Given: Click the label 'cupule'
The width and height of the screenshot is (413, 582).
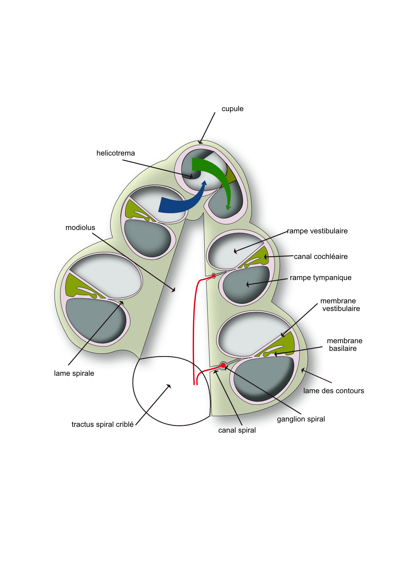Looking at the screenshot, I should pos(232,109).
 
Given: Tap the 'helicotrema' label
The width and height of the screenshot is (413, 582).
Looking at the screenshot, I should pos(115,153).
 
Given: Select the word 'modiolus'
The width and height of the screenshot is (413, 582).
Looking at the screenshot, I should pos(80,228).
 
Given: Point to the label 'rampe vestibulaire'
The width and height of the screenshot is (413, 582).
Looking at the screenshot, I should pos(317,231).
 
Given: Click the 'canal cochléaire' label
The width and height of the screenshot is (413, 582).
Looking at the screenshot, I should pos(320,257).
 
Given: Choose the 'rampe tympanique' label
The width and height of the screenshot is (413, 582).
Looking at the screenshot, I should pos(320,278).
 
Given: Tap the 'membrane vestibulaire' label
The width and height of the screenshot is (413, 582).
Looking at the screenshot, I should pos(339,305).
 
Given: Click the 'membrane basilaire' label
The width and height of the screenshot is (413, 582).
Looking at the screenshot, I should pos(344,345).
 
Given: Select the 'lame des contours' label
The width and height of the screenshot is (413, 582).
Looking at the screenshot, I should pos(333,391).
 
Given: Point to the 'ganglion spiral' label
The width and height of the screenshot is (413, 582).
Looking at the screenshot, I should pos(301,419).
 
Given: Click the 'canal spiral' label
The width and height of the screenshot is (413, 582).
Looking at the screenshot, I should pos(237,430).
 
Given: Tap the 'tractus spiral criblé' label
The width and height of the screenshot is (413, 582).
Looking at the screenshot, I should pos(103,424).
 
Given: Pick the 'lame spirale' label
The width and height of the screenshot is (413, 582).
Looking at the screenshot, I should pos(74,373).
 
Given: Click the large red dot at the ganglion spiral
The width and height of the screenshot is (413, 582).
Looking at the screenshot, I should pos(223,365).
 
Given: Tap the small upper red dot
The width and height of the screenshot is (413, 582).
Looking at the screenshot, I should pos(214,276).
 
